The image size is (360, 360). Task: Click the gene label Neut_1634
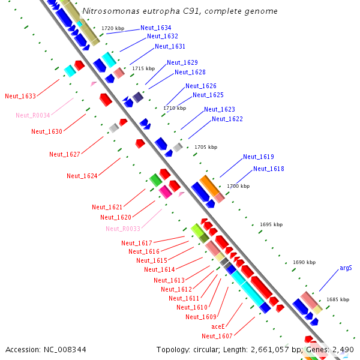point(155,28)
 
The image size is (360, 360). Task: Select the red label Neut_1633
point(20,96)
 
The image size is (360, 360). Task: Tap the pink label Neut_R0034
point(32,115)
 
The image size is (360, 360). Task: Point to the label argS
point(346,268)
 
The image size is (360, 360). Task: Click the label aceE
point(218,326)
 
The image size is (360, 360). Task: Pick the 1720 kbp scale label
point(112,28)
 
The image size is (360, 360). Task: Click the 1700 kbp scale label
point(238,186)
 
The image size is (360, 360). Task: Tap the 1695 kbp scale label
point(271,224)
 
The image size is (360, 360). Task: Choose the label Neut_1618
point(268,169)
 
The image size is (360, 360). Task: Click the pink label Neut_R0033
point(122,229)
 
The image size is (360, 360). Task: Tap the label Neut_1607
point(217,336)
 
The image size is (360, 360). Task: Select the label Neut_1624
point(82,176)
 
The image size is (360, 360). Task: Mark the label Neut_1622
point(227,119)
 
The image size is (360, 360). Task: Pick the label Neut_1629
point(182,62)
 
